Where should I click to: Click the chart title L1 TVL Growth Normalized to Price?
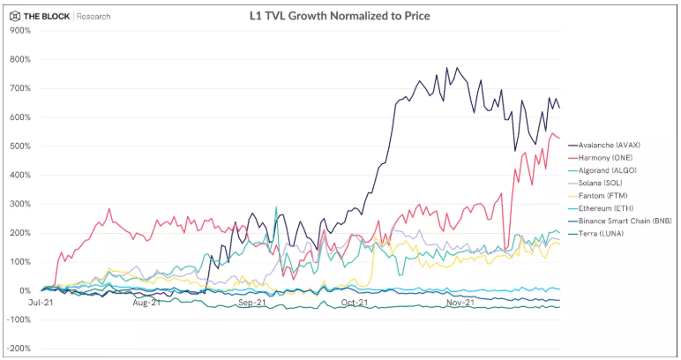pos(340,16)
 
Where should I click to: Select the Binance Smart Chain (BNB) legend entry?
pos(621,220)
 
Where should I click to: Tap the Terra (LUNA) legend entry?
pos(599,233)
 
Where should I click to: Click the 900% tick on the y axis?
pos(19,31)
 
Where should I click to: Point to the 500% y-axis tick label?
pos(19,146)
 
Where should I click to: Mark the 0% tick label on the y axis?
pos(24,291)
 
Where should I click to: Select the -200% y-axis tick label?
pos(18,349)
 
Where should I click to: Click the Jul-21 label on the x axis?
pos(41,303)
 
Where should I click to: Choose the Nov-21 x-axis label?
pos(460,303)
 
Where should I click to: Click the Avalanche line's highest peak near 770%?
pos(456,68)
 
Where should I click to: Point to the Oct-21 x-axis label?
pos(354,303)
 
